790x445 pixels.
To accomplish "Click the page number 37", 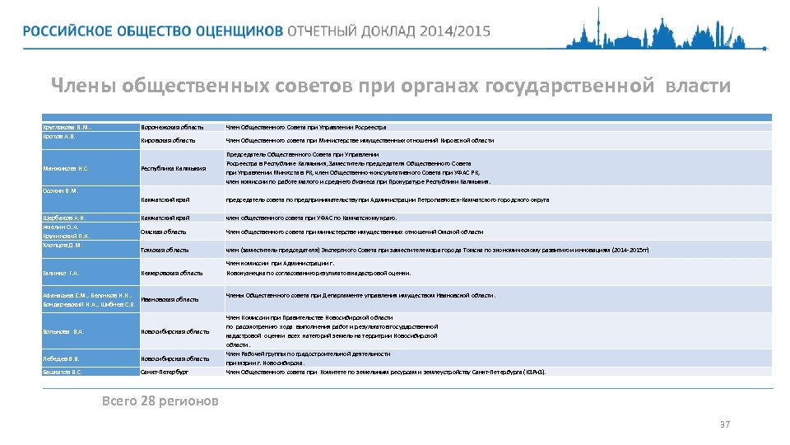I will (724, 424).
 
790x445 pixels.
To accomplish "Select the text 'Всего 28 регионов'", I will (160, 401).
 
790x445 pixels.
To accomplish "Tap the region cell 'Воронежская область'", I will (171, 127).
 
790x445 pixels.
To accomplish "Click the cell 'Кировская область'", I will (168, 141).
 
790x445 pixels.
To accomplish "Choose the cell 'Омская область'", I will (164, 232).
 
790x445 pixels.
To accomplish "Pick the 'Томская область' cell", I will (165, 250).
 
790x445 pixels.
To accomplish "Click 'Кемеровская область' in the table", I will (171, 273).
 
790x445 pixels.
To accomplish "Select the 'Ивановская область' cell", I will (170, 299).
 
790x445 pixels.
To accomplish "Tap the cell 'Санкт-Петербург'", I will (165, 372).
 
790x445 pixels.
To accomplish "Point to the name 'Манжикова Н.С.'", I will (67, 171).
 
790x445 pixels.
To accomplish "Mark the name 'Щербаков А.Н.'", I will (64, 218).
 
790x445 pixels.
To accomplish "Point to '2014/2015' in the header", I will (454, 31).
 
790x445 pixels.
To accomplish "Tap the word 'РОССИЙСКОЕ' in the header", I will (64, 31).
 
